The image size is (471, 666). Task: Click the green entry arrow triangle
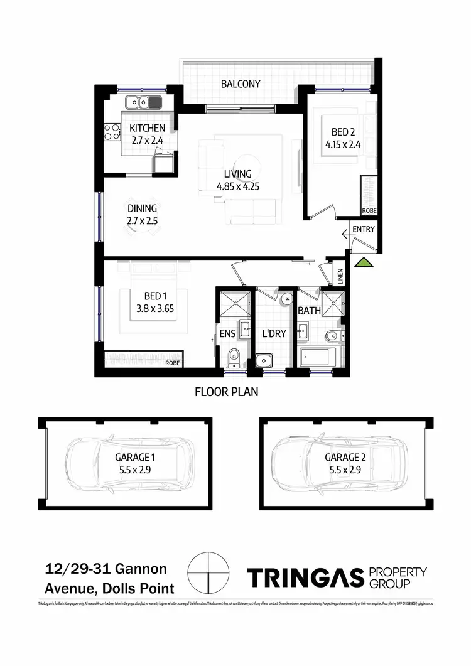point(364,262)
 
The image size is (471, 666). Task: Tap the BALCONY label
point(240,83)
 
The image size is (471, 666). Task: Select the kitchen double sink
point(143,101)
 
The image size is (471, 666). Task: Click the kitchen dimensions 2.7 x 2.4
point(148,141)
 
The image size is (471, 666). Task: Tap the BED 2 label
point(343,132)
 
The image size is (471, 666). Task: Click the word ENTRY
point(363,229)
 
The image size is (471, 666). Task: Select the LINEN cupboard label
point(340,277)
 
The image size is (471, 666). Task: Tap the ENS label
point(227,333)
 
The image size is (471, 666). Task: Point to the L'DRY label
point(273,333)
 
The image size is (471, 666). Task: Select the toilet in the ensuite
point(234,355)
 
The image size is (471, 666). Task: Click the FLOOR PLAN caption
point(226,393)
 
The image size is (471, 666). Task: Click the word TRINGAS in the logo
point(306,577)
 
